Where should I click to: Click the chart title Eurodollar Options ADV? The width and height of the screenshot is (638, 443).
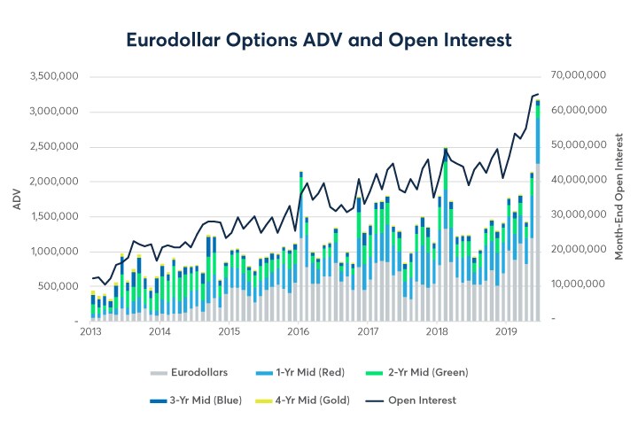pos(318,40)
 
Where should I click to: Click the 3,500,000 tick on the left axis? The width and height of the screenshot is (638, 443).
pos(52,76)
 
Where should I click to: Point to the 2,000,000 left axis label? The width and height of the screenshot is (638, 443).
pos(52,182)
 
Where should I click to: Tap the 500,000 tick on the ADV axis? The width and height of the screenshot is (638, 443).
pos(58,286)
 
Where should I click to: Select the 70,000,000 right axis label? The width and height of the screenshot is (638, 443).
pos(578,76)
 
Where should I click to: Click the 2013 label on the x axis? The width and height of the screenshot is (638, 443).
pos(89,332)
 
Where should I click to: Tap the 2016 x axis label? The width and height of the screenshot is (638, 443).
pos(298,332)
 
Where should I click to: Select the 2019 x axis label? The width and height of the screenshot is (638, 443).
pos(506,332)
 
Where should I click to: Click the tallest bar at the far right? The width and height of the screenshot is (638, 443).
pos(538,213)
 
